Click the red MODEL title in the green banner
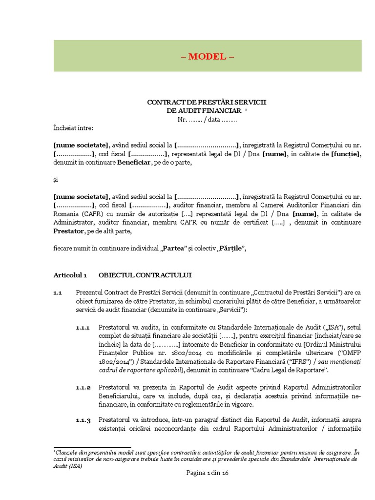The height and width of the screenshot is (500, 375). [x=208, y=56]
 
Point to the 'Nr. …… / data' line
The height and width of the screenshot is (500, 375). [x=207, y=119]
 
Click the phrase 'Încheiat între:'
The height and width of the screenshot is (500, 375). [x=73, y=128]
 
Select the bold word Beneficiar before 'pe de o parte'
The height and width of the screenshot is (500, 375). [x=133, y=163]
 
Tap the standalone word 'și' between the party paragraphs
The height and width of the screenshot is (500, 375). [x=56, y=180]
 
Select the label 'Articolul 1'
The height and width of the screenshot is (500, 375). [x=70, y=275]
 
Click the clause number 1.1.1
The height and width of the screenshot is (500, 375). [x=83, y=328]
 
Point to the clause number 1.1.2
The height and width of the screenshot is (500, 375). [x=83, y=388]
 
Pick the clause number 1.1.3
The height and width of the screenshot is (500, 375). [x=83, y=421]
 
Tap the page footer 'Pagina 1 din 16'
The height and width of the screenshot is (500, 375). [x=208, y=473]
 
